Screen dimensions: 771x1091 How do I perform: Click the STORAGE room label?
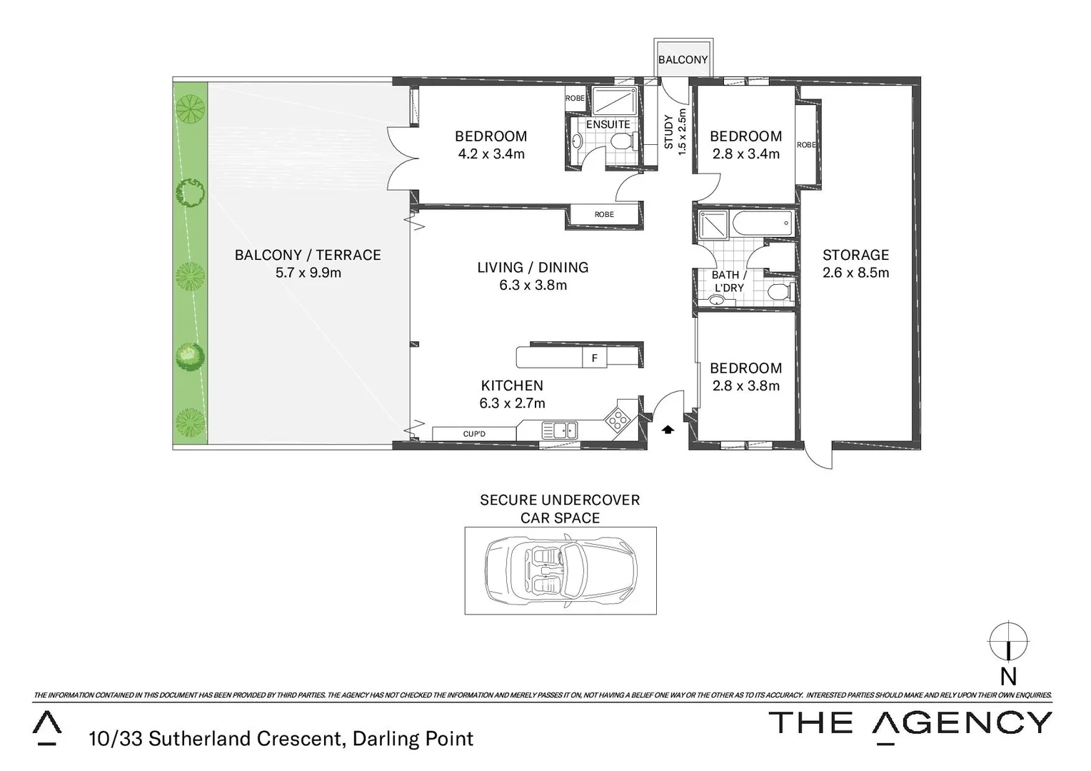tap(855, 255)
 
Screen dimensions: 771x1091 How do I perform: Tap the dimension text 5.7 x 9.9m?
tap(308, 273)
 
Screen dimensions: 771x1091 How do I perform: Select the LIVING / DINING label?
tap(533, 267)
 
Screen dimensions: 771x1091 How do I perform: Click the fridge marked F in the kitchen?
tap(594, 358)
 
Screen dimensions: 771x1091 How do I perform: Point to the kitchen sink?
tap(559, 430)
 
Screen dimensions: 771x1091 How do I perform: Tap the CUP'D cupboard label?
tap(474, 434)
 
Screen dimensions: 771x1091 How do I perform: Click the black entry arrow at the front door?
tap(668, 430)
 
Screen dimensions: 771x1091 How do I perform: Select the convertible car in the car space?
tap(560, 570)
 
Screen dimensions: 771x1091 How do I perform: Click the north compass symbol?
tap(1008, 642)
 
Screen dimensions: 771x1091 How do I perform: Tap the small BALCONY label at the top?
tap(683, 60)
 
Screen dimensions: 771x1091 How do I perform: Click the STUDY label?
tap(669, 132)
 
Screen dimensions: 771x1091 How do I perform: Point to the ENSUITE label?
tap(608, 124)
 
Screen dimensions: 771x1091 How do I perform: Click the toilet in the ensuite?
tap(622, 142)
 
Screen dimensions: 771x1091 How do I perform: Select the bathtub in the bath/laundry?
tap(762, 223)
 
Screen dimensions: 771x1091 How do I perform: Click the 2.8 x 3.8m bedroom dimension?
tap(745, 386)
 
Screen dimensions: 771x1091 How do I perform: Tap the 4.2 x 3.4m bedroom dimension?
tap(491, 153)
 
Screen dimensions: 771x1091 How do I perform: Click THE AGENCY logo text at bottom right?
tap(910, 723)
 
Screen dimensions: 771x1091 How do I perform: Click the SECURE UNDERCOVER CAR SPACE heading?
tap(560, 509)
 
